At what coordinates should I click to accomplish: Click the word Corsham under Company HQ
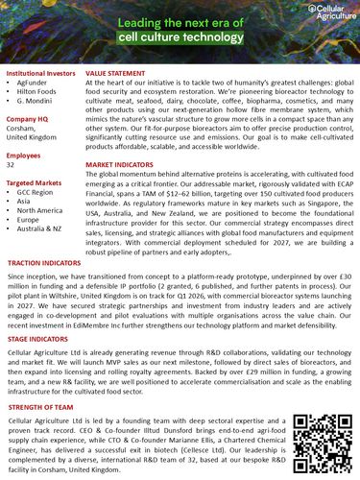coord(22,128)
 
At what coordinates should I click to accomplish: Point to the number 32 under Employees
coord(11,165)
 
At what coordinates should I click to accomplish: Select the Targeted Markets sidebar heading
coord(35,181)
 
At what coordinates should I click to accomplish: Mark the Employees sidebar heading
coord(24,154)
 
